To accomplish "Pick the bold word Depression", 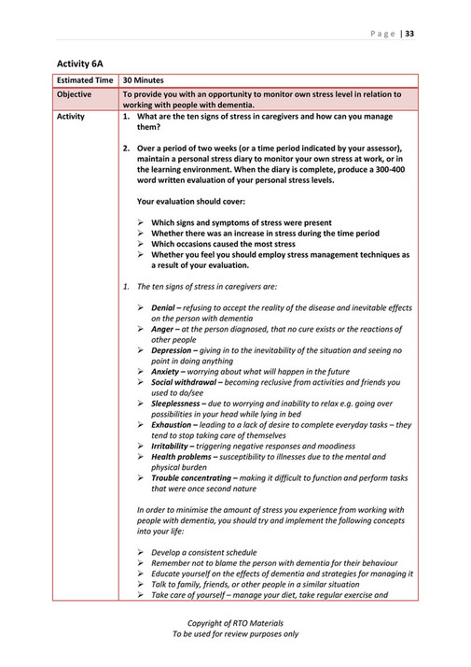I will coord(174,350).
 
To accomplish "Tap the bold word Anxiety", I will coord(167,372).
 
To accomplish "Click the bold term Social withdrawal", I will coord(188,383).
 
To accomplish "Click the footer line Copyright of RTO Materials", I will coord(235,623).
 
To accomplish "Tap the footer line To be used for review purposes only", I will coord(235,634).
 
